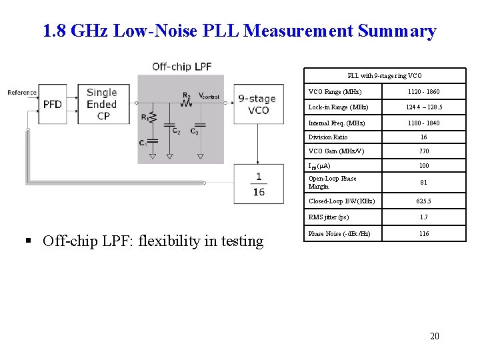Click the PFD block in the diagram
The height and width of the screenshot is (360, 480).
[53, 104]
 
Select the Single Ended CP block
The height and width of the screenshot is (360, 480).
[101, 104]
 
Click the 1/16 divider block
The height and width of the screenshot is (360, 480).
[258, 183]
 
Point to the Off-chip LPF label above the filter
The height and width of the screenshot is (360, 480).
[181, 66]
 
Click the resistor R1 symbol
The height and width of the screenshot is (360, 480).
[152, 118]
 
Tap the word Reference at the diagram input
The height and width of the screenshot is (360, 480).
[22, 92]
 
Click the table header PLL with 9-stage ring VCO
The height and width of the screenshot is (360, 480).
[385, 76]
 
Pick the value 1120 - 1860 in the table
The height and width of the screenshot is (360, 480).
[423, 91]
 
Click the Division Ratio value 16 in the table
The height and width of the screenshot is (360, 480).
[423, 137]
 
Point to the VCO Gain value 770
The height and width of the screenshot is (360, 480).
[423, 151]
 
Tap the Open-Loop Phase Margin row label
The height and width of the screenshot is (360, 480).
[333, 182]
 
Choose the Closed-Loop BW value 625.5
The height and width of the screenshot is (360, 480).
[423, 201]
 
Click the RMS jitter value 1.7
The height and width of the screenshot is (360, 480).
[423, 217]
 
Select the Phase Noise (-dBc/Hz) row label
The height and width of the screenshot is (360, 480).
[339, 233]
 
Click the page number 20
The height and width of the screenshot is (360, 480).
[435, 336]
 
